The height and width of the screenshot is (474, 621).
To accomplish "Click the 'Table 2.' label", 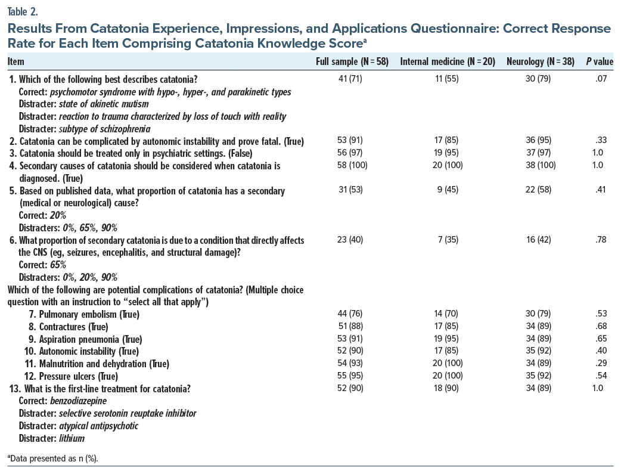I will point(21,10).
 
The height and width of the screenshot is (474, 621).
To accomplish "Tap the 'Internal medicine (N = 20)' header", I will point(448,61).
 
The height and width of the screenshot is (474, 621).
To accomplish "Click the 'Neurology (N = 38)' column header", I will point(541,61).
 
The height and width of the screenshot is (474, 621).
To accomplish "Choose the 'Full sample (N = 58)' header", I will point(352,61).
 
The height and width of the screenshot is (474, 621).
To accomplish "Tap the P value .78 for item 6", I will point(600,240).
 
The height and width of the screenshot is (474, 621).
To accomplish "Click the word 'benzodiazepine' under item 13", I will point(76,401).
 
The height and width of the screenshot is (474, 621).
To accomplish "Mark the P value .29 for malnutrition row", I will point(600,364).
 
